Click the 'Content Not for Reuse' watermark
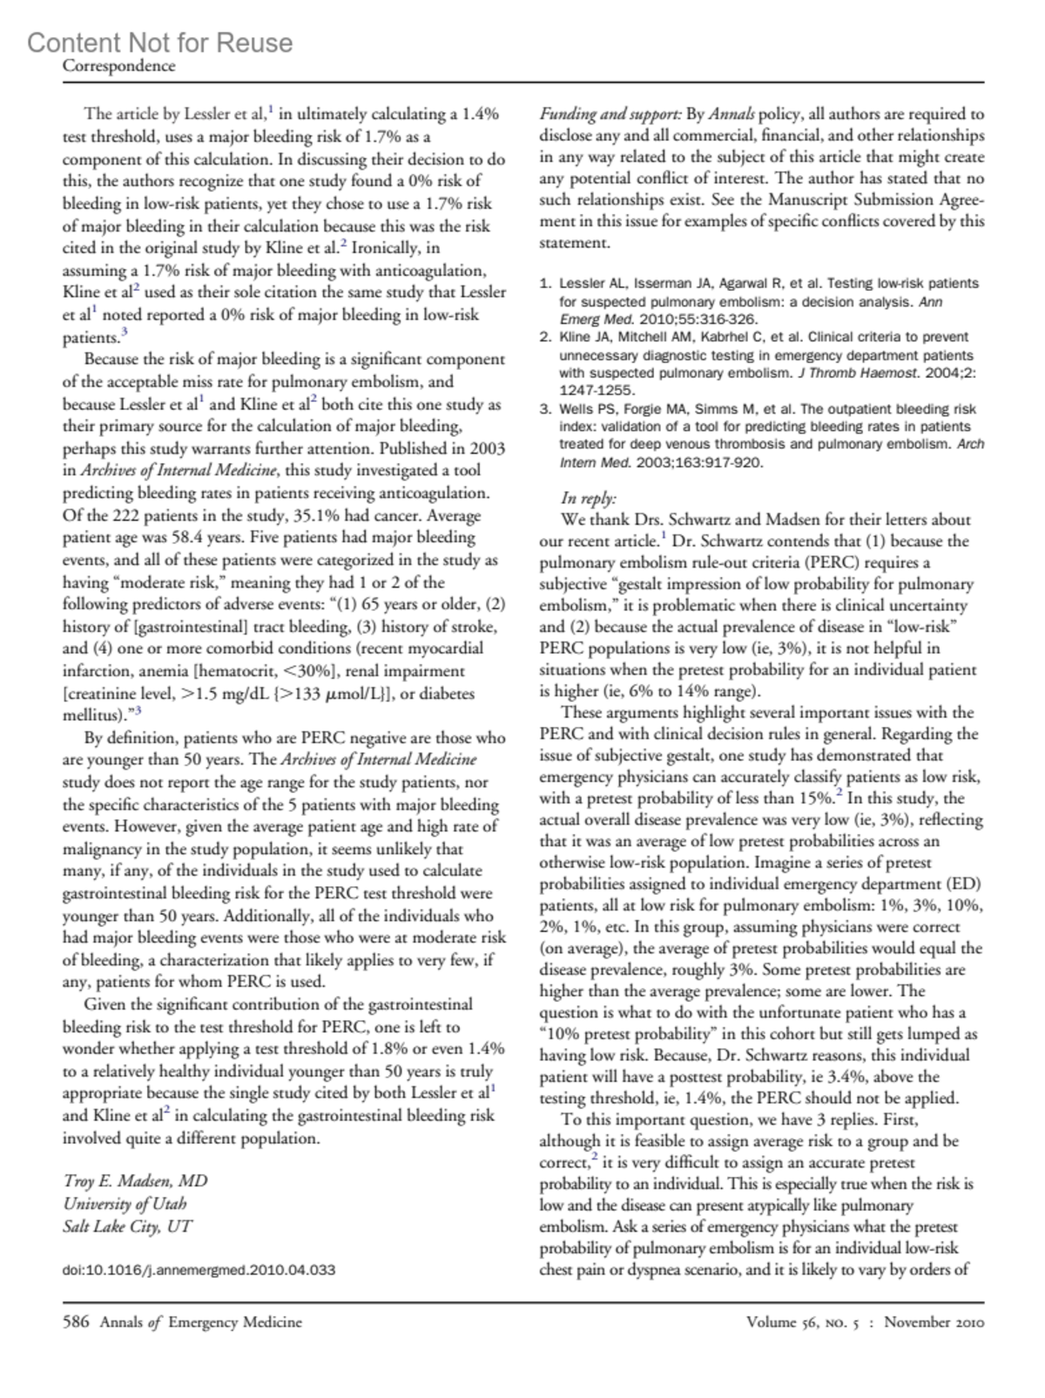click(x=159, y=43)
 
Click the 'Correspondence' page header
click(x=118, y=66)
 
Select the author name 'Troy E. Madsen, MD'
click(x=135, y=1180)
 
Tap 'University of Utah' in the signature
click(x=125, y=1203)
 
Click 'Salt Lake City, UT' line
click(x=127, y=1226)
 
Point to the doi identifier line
click(x=199, y=1269)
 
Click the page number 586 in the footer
click(x=76, y=1321)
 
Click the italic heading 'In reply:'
click(x=588, y=498)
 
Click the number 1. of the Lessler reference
click(x=545, y=283)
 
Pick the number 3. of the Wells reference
click(x=545, y=409)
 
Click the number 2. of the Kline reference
click(x=545, y=337)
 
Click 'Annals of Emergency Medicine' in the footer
click(x=200, y=1321)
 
